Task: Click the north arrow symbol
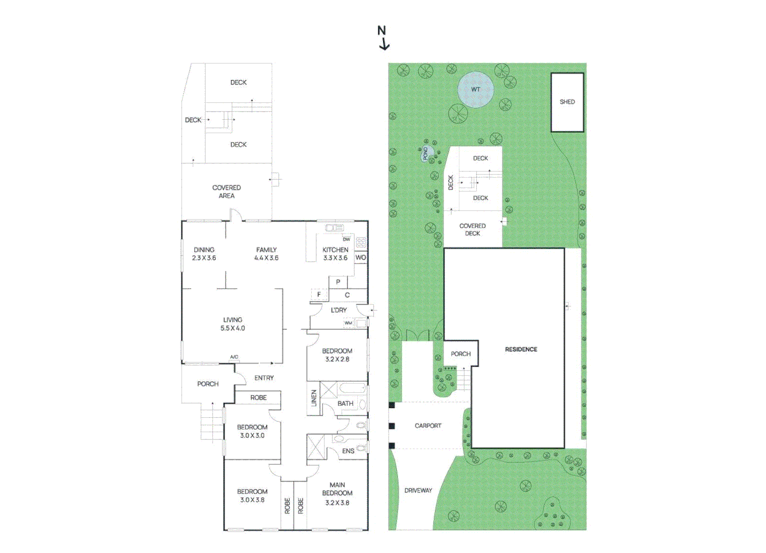pyautogui.click(x=384, y=38)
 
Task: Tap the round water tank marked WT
pyautogui.click(x=476, y=90)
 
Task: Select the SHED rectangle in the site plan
pyautogui.click(x=567, y=102)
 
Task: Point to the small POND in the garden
pyautogui.click(x=426, y=154)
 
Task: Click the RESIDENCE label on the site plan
pyautogui.click(x=521, y=349)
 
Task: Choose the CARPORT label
pyautogui.click(x=428, y=426)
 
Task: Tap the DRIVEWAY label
pyautogui.click(x=418, y=490)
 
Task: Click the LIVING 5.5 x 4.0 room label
pyautogui.click(x=233, y=324)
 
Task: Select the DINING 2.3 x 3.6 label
pyautogui.click(x=204, y=254)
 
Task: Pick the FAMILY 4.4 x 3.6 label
pyautogui.click(x=267, y=254)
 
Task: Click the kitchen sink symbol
pyautogui.click(x=334, y=228)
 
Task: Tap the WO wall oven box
pyautogui.click(x=361, y=257)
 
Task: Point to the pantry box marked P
pyautogui.click(x=338, y=282)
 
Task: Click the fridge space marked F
pyautogui.click(x=319, y=294)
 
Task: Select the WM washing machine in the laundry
pyautogui.click(x=348, y=323)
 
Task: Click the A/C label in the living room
pyautogui.click(x=234, y=357)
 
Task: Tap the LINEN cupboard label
pyautogui.click(x=314, y=398)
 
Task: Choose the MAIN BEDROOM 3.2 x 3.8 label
pyautogui.click(x=337, y=494)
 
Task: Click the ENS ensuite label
pyautogui.click(x=348, y=451)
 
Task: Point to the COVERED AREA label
pyautogui.click(x=227, y=192)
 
